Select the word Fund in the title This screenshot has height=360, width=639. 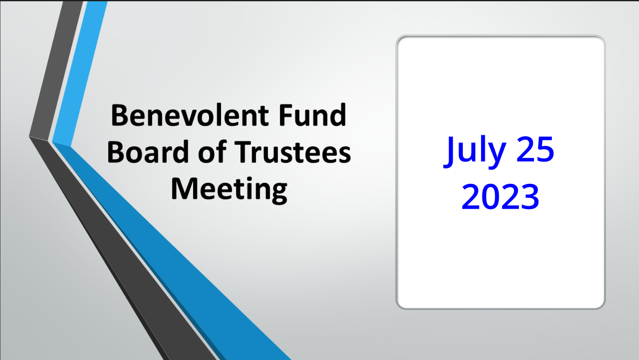click(x=312, y=115)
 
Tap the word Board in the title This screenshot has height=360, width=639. click(x=148, y=152)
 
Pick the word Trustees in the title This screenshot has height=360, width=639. click(x=292, y=152)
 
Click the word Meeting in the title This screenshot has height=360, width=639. click(x=229, y=189)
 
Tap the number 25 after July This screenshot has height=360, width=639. click(x=535, y=150)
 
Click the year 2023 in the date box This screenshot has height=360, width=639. click(x=500, y=197)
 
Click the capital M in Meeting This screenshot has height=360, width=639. click(x=184, y=188)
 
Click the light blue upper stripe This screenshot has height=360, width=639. click(x=82, y=72)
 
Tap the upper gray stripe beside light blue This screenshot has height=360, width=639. click(x=57, y=72)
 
